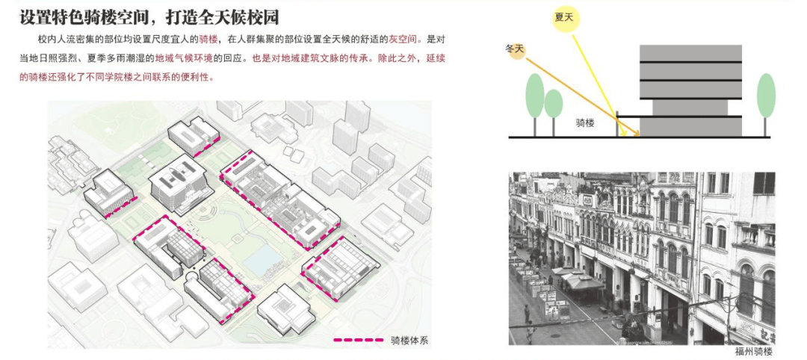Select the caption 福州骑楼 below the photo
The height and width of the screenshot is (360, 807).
(x=753, y=351)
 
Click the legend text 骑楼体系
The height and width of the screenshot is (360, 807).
(x=409, y=340)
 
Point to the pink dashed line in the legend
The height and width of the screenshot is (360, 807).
(x=358, y=340)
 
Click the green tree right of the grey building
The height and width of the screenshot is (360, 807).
(x=766, y=95)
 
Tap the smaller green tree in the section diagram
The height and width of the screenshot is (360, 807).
(x=553, y=104)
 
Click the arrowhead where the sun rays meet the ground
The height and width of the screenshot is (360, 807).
(x=637, y=134)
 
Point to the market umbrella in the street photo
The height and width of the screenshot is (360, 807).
(x=579, y=280)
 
